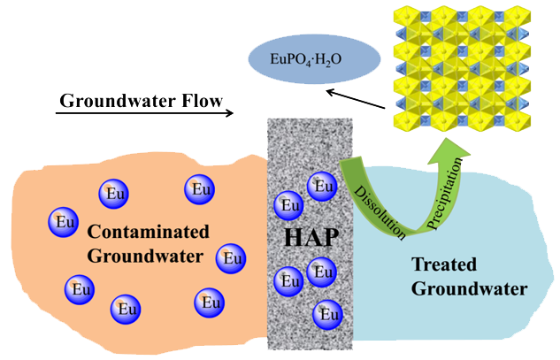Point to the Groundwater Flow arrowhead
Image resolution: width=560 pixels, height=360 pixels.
tap(229, 113)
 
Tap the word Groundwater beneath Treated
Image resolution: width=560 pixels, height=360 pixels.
tap(469, 288)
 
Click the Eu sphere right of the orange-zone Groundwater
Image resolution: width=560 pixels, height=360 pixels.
tap(230, 258)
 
